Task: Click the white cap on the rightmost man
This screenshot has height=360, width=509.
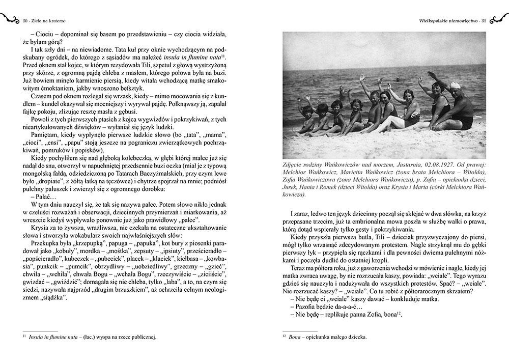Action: tap(456, 86)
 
